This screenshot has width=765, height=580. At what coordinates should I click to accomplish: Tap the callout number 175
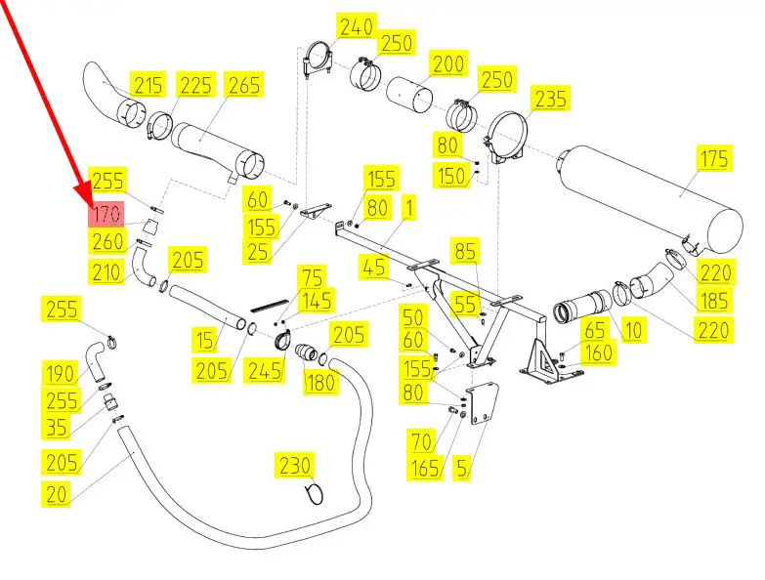tap(716, 158)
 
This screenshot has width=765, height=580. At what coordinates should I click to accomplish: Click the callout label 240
tap(357, 26)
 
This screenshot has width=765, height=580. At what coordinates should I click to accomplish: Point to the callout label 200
tap(448, 65)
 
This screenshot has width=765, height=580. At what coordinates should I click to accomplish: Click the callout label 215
tap(149, 85)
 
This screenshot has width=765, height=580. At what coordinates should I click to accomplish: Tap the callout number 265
tap(244, 85)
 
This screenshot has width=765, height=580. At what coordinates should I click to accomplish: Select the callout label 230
tap(296, 464)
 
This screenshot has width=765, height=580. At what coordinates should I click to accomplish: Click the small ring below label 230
tap(314, 494)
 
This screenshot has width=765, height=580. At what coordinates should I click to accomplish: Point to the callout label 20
tap(58, 494)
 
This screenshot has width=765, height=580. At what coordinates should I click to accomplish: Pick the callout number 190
tap(60, 372)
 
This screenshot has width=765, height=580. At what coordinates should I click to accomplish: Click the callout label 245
tap(266, 372)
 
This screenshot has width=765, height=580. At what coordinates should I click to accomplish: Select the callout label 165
tap(425, 470)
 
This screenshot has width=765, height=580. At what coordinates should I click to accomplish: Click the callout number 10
tap(633, 330)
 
